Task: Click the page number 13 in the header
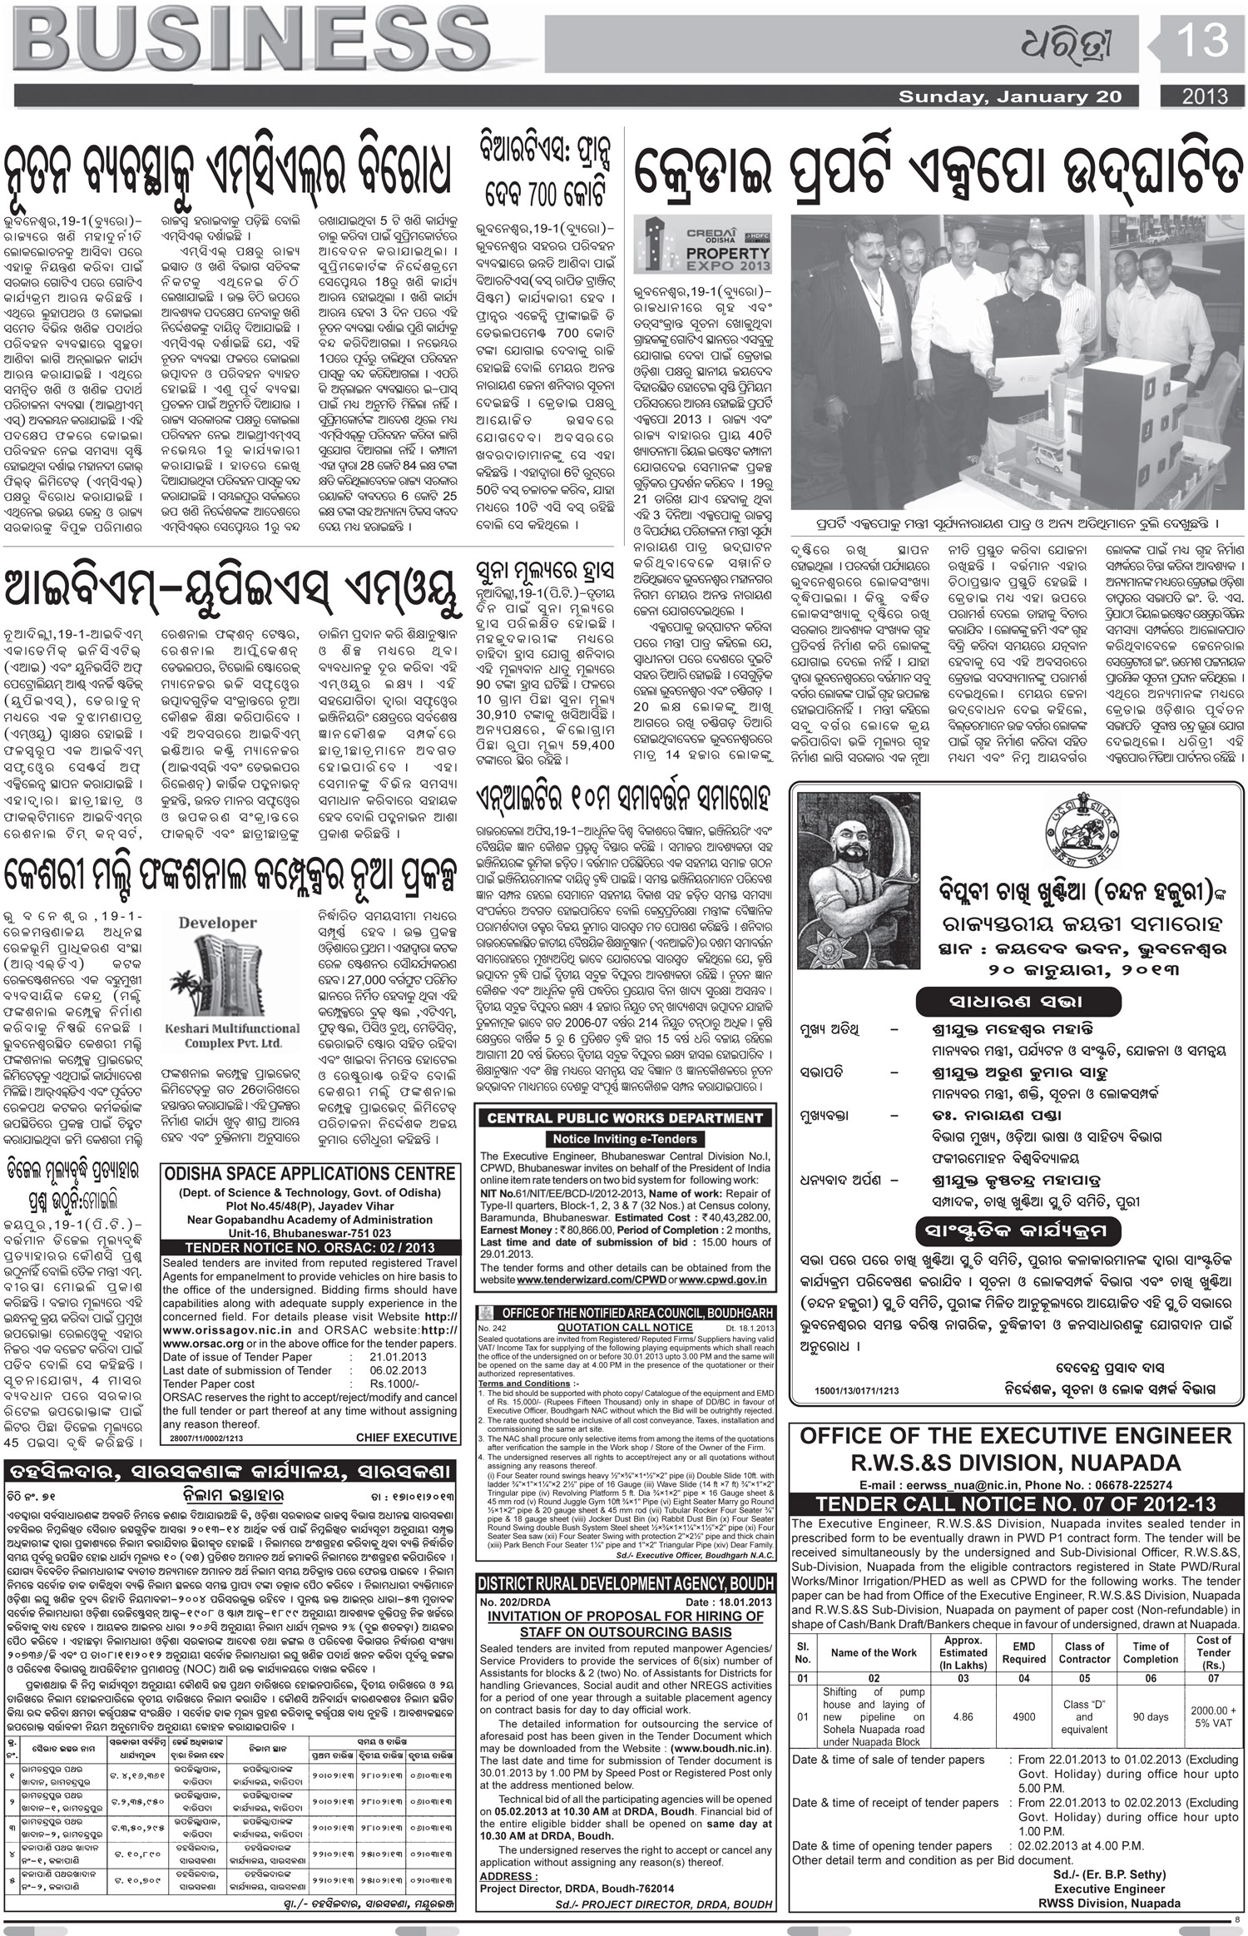pos(1201,41)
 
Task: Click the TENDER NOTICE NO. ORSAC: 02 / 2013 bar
pos(310,1246)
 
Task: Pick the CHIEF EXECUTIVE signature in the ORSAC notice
pos(406,1437)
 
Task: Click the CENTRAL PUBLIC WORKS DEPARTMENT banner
pos(624,1119)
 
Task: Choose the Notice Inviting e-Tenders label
pos(624,1138)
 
